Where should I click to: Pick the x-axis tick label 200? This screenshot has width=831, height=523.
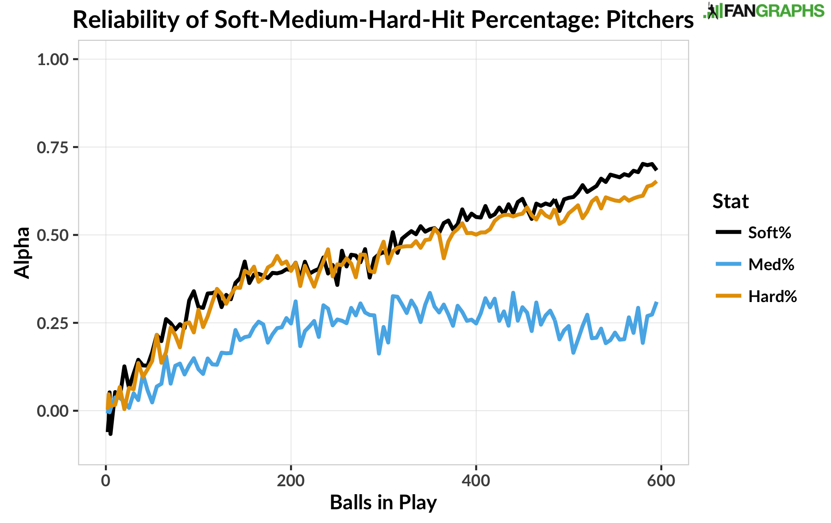coord(290,480)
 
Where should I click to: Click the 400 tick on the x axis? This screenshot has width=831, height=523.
coord(476,480)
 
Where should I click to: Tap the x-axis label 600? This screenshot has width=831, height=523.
coord(661,480)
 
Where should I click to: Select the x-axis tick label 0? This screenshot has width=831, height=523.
coord(106,480)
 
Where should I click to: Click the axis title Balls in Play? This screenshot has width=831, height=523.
coord(383,502)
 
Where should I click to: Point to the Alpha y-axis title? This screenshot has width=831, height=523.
coord(22,253)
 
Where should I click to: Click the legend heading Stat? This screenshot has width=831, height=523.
coord(731,201)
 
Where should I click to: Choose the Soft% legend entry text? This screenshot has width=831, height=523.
coord(769,232)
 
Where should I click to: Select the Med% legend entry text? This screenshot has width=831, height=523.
coord(771,264)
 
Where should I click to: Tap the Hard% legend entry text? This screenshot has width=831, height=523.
coord(773,296)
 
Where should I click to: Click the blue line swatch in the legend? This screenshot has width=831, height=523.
coord(728,264)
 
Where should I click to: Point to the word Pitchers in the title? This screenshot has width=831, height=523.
coord(649,20)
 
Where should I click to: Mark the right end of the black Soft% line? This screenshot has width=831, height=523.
coord(657,169)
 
